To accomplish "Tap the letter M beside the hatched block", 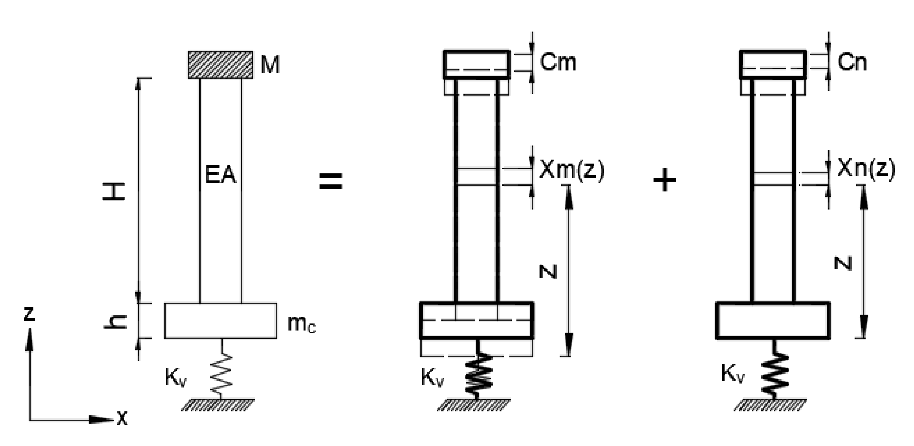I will (270, 65).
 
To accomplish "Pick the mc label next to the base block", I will (301, 323).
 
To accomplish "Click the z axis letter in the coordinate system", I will (29, 314).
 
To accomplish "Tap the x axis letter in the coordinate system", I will (122, 419).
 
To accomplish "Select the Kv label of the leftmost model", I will (175, 377).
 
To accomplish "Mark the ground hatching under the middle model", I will (474, 405).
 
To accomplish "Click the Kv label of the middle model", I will (432, 377).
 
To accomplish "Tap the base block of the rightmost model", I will (772, 320).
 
